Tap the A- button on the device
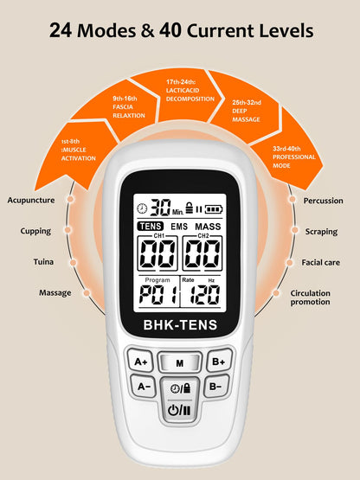pyautogui.click(x=142, y=387)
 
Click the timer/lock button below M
pyautogui.click(x=180, y=388)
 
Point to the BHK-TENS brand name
pyautogui.click(x=180, y=326)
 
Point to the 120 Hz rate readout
pyautogui.click(x=205, y=296)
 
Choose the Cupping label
pyautogui.click(x=35, y=231)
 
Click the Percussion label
pyautogui.click(x=323, y=200)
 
